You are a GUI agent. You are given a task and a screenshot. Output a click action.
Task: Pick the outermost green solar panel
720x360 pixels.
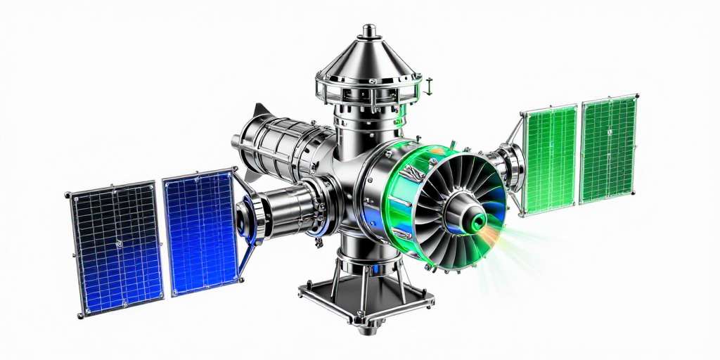click(609, 148)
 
